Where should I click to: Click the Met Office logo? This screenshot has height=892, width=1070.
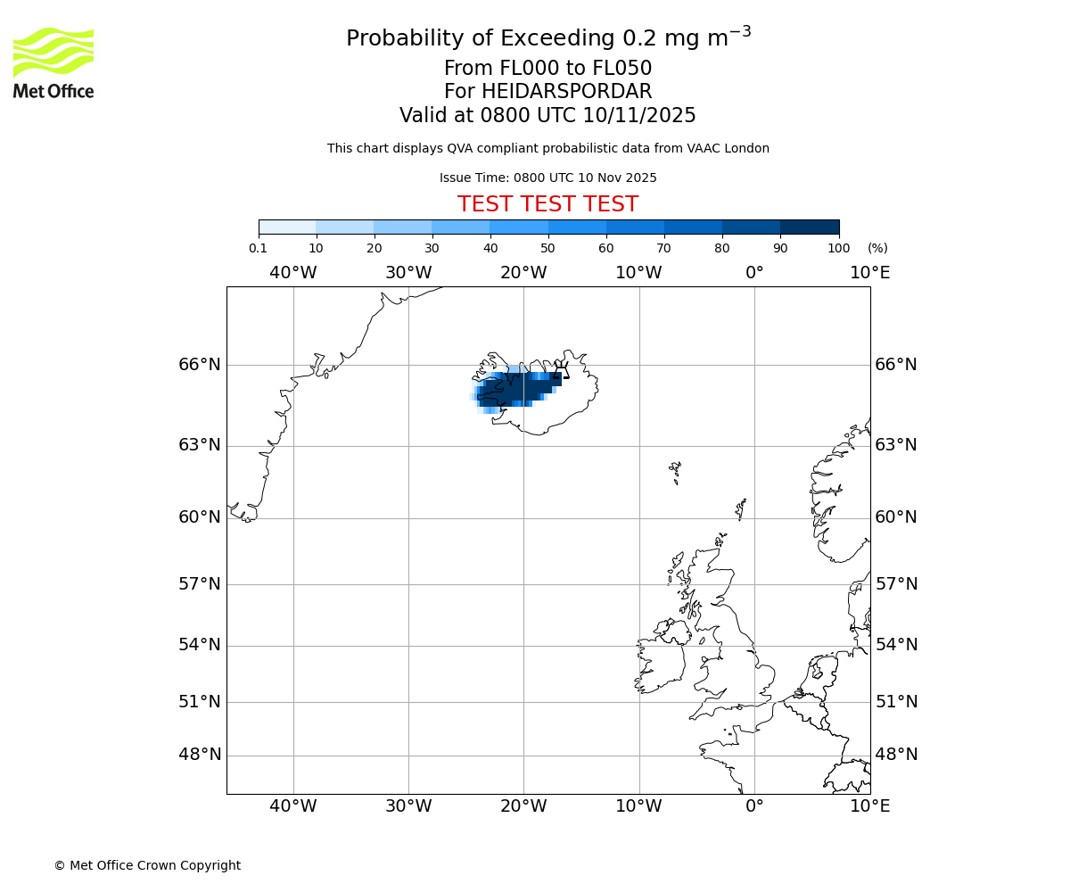[53, 62]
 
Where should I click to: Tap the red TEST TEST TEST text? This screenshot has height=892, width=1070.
[547, 204]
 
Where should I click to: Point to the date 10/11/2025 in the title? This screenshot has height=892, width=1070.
[639, 116]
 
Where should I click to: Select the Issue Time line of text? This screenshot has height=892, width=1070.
[547, 178]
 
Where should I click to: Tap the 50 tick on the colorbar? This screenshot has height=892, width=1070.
[547, 249]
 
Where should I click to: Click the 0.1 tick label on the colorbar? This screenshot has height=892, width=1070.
[258, 249]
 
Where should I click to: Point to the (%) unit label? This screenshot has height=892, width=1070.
[877, 249]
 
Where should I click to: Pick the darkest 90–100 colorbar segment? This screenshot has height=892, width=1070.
[810, 227]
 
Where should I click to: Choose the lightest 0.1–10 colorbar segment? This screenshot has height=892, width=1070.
[287, 227]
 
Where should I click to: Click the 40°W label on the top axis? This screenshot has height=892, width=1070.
[292, 273]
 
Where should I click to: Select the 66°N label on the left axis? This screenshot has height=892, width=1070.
[200, 365]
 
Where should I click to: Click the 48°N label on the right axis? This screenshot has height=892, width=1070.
[896, 755]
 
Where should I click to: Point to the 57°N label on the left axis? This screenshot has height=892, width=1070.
[200, 584]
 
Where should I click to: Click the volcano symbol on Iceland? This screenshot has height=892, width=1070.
[561, 370]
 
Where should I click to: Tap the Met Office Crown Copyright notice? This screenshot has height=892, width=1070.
[147, 865]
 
